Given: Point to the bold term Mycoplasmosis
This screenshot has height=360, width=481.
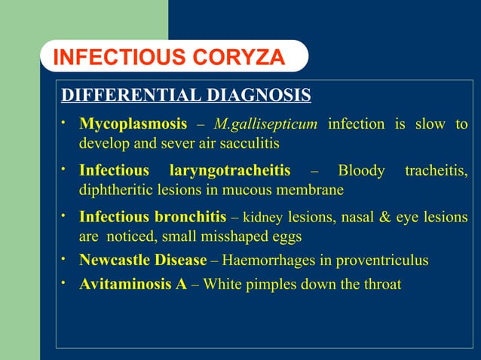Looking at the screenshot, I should (x=133, y=124).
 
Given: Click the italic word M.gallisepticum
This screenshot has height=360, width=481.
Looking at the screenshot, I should (x=267, y=124).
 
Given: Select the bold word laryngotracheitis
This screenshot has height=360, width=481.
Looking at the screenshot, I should (x=230, y=171).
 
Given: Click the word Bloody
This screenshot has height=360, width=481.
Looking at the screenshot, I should (x=362, y=171).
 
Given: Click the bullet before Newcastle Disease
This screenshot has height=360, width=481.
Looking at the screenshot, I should (x=66, y=258).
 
